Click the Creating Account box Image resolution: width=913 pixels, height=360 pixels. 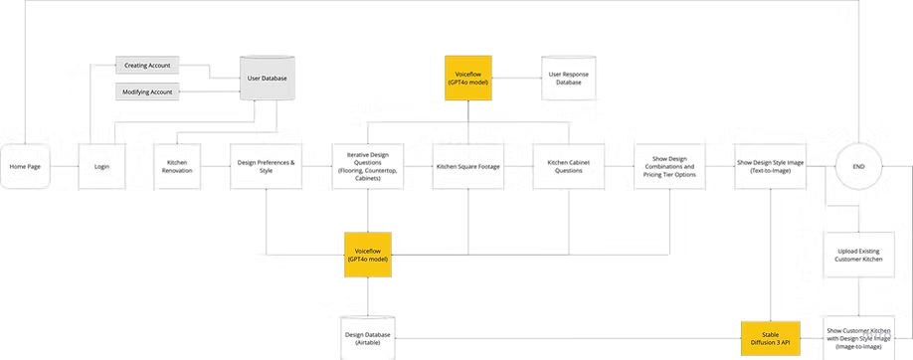(x=146, y=66)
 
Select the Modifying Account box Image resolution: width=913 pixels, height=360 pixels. (x=146, y=91)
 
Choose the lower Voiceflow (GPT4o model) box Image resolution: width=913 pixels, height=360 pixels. (x=368, y=255)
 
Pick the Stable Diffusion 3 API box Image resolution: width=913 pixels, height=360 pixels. (x=770, y=335)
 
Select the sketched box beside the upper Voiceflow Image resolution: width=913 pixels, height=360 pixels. (x=570, y=78)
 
